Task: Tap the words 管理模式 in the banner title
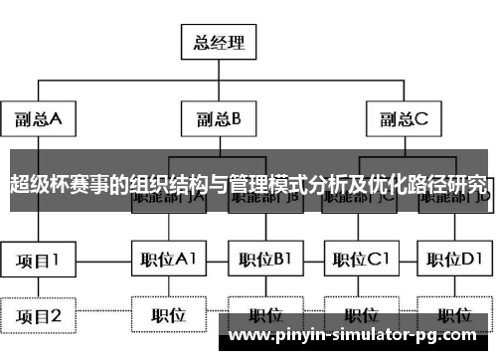(263, 185)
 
